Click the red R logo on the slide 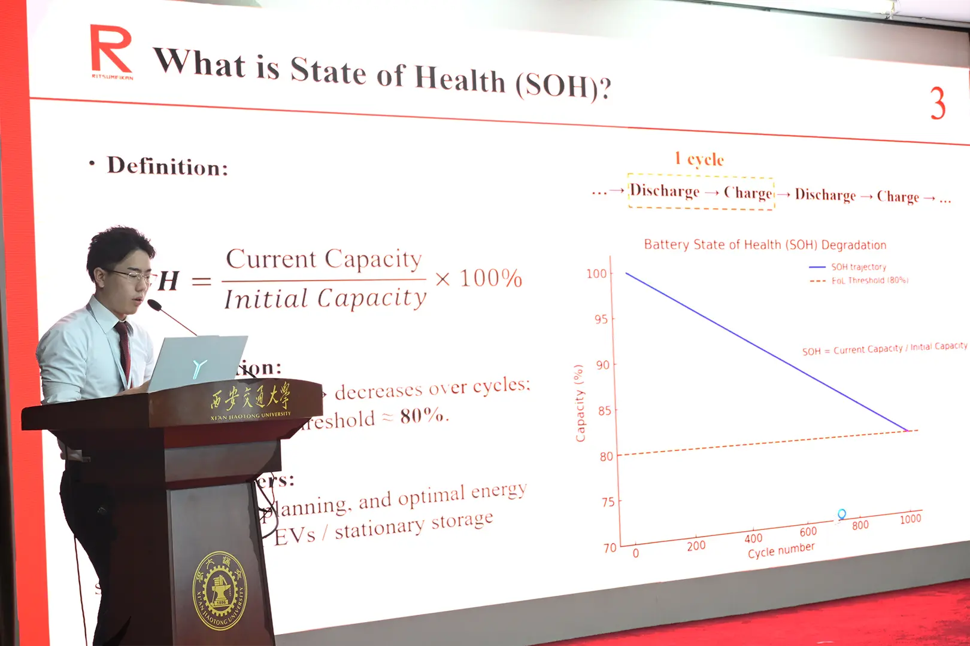111,50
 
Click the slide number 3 938,103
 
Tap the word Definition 167,166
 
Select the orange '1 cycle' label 699,159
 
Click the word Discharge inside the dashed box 665,191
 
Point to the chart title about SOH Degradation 765,245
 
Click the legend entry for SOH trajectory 858,267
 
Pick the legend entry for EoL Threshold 869,280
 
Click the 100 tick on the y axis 596,274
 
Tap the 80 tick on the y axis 607,456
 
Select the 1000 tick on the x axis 910,519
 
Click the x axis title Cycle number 781,550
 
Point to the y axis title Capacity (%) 579,403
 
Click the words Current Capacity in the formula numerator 324,260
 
